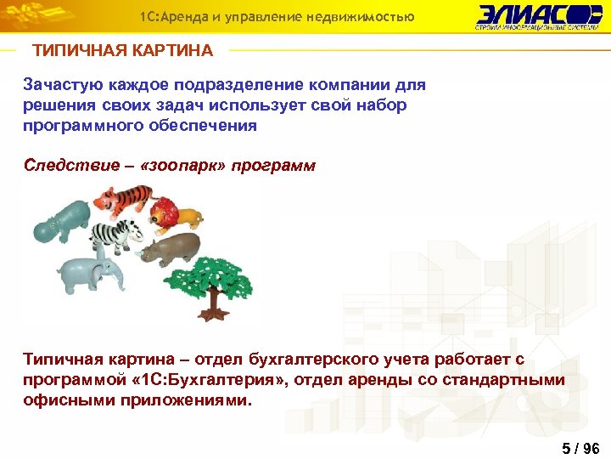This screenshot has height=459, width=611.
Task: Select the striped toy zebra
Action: coord(116,237)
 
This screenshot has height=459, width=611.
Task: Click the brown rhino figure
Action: coord(173,249)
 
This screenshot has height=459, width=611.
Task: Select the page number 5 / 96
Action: coord(580,448)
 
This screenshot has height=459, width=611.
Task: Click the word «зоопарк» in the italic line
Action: coord(188,165)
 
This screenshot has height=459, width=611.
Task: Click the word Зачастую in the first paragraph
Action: coord(59,86)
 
